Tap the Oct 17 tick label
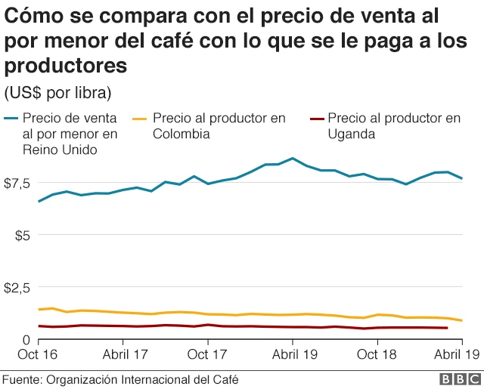pos(207,353)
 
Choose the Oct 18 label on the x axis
pos(377,353)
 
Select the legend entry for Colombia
pos(219,126)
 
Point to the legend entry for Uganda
pos(394,126)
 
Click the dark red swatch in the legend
pos(317,119)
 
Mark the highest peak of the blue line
pos(292,158)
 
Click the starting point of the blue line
pos(39,202)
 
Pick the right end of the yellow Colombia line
pos(461,321)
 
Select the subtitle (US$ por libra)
pos(58,92)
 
